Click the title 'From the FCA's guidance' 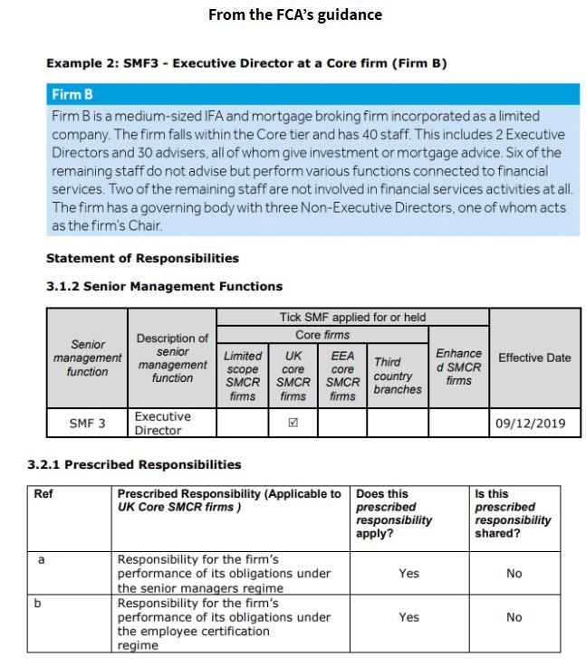[x=295, y=14]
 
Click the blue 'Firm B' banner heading [x=72, y=94]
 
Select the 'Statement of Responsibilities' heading [x=142, y=259]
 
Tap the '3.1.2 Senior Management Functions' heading [x=164, y=286]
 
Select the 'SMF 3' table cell [x=87, y=423]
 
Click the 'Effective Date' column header [x=534, y=357]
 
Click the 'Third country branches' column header [x=398, y=376]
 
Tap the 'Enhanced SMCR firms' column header [x=458, y=367]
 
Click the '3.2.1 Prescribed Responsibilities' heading [x=135, y=464]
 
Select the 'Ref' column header [x=43, y=494]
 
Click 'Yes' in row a [x=408, y=573]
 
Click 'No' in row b [x=514, y=617]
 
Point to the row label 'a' [x=41, y=560]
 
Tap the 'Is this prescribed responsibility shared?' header [x=512, y=513]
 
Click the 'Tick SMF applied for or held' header [x=352, y=318]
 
